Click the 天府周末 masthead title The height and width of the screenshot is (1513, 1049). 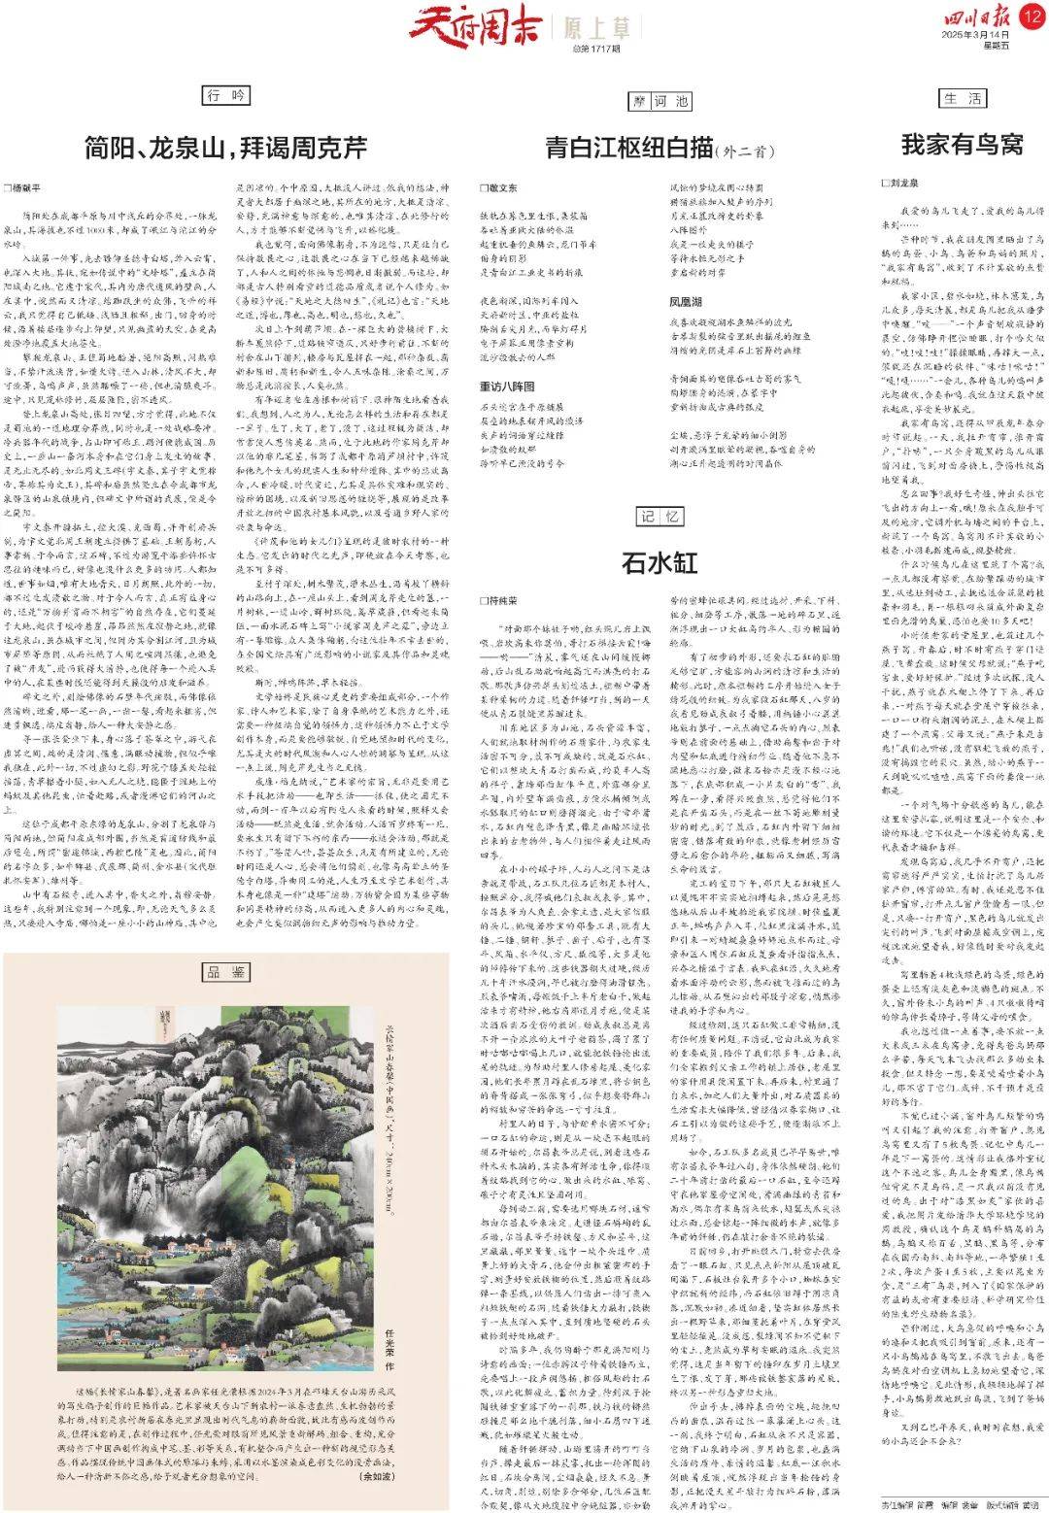click(473, 24)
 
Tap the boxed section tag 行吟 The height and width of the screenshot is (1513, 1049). click(226, 95)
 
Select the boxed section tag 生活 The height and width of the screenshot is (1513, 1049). click(963, 98)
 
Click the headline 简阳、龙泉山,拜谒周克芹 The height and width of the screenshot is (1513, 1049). click(225, 148)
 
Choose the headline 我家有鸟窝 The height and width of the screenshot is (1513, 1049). click(962, 145)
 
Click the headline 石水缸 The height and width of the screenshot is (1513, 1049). click(660, 562)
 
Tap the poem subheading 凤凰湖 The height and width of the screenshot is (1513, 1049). click(687, 302)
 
